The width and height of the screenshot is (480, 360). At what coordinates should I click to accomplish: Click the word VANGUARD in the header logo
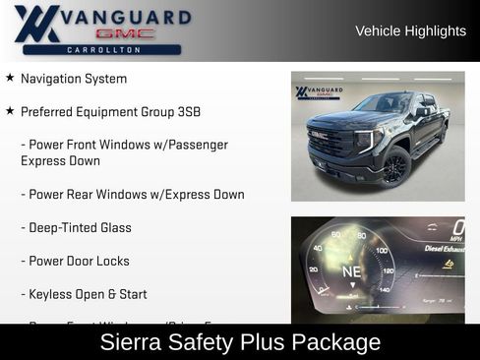click(x=126, y=17)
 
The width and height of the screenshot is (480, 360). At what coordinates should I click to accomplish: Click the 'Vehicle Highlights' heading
click(x=410, y=31)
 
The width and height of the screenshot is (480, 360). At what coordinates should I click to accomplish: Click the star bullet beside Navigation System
click(x=10, y=78)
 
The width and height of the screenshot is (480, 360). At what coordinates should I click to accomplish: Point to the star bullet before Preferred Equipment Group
click(x=10, y=111)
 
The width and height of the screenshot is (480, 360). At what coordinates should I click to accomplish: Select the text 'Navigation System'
click(x=74, y=79)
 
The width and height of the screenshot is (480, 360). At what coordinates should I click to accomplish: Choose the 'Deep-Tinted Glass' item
click(x=80, y=228)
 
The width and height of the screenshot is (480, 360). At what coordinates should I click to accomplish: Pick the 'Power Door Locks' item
click(x=79, y=262)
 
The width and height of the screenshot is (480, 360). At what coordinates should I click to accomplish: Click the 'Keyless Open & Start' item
click(x=88, y=295)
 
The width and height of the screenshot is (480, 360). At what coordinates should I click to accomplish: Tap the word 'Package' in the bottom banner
click(x=334, y=342)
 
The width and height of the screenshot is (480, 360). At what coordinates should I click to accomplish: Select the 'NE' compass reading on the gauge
click(x=351, y=270)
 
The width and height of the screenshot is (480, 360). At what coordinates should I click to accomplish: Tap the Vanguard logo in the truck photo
click(x=317, y=93)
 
